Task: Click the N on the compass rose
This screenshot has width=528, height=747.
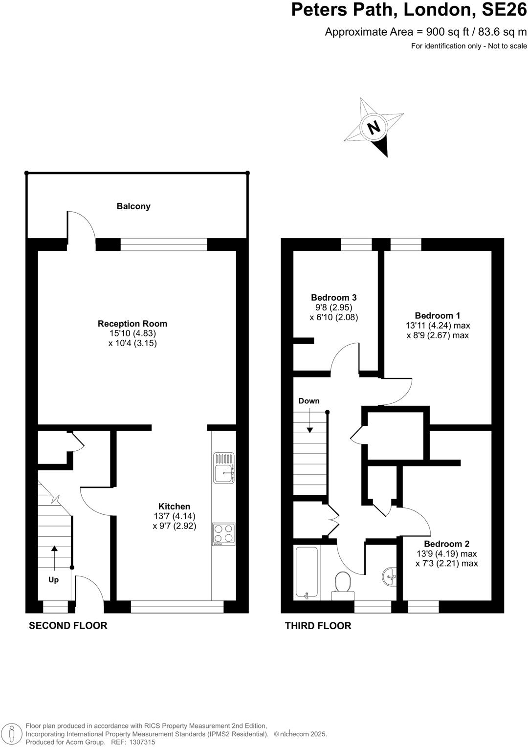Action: [x=374, y=127]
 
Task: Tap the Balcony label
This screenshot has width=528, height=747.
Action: [x=133, y=206]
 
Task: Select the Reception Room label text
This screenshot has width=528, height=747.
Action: [x=132, y=324]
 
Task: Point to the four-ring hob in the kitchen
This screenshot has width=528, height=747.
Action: [x=223, y=534]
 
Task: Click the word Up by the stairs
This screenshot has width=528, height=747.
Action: [x=53, y=580]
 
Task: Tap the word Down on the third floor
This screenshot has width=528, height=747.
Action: [x=309, y=401]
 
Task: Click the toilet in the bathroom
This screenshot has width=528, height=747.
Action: [x=343, y=584]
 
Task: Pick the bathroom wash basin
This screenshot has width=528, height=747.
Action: [x=390, y=577]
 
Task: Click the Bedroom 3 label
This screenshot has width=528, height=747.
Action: [x=334, y=297]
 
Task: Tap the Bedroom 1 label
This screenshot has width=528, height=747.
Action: [x=438, y=315]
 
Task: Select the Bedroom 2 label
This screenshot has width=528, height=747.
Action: [x=446, y=544]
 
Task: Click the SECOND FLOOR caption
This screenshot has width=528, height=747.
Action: [x=68, y=625]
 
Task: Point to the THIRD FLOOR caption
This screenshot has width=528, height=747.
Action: [x=318, y=626]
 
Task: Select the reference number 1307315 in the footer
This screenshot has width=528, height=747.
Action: [x=142, y=742]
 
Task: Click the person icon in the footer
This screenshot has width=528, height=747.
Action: [x=13, y=733]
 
